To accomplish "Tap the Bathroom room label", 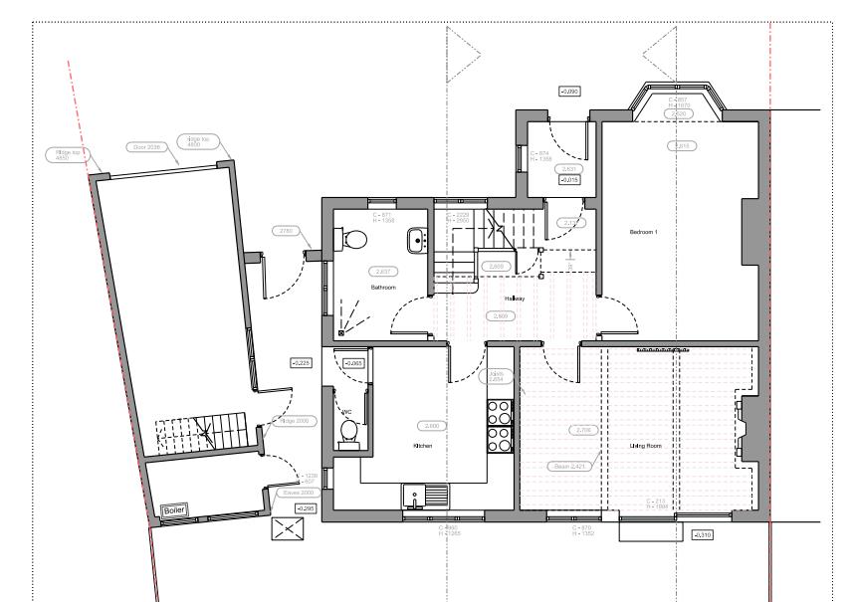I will coord(383,288).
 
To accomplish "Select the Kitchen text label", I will coord(423,447).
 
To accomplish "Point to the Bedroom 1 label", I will coord(643,232).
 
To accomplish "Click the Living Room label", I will coord(646,447).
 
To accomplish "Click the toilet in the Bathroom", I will coord(352,239).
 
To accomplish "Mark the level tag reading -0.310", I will coord(701,534).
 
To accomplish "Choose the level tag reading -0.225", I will coord(301,363).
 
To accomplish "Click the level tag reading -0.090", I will coord(569,92).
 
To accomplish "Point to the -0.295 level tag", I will coord(293,508).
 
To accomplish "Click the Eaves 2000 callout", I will coord(300,493).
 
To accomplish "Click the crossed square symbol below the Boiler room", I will coord(286,528).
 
